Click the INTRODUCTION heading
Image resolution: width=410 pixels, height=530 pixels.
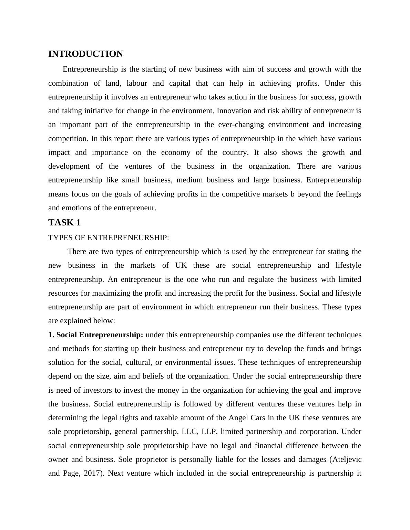(85, 54)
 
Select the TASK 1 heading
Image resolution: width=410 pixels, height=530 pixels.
(64, 223)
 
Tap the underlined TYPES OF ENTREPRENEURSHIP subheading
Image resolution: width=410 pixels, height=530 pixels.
(109, 238)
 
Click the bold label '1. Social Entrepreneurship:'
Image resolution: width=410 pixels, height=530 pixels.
(96, 335)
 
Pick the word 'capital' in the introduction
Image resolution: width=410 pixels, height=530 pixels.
(176, 83)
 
